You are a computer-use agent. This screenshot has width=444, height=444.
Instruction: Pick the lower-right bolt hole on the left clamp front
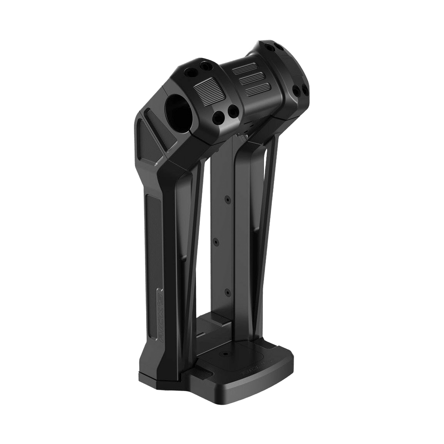(233, 110)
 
